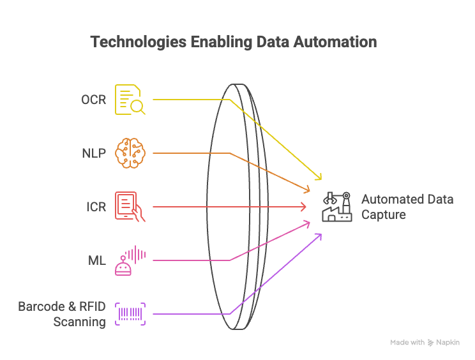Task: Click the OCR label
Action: point(93,100)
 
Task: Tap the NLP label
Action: point(93,153)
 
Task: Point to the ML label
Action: point(96,260)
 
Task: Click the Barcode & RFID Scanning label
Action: point(62,314)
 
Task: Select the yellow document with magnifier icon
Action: point(130,100)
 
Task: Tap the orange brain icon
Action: point(130,153)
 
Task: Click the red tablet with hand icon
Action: point(130,206)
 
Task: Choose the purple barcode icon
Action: point(130,314)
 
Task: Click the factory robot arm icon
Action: point(337,206)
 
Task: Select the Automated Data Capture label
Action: point(407,207)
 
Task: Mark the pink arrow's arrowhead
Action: point(308,222)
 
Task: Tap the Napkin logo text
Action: point(448,343)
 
